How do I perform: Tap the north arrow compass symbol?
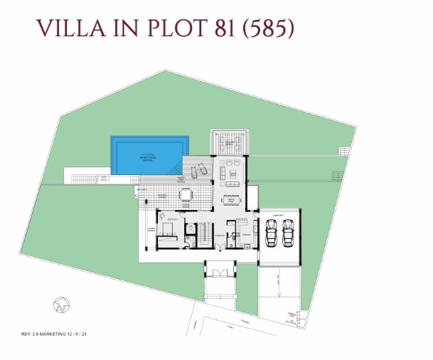pos(61,305)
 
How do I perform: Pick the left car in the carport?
pos(270,233)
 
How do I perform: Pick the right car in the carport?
pos(288,233)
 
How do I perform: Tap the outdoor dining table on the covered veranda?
pos(186,194)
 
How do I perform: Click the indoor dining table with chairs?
pos(231,201)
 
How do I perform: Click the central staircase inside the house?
pos(204,233)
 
